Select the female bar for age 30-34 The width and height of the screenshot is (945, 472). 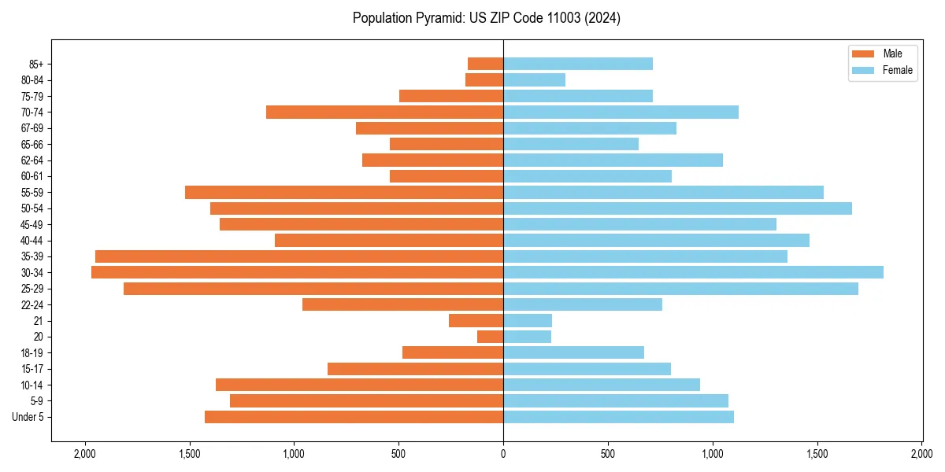693,272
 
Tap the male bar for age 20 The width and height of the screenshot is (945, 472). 490,337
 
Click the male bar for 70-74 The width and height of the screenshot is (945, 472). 384,112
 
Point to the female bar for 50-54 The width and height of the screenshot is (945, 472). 677,208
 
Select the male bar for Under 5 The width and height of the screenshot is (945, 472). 354,417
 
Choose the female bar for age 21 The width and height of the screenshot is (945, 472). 528,321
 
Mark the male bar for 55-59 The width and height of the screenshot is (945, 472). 344,192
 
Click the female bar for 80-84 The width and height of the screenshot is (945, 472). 534,80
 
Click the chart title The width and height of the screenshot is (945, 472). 487,18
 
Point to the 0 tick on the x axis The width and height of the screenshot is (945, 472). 503,454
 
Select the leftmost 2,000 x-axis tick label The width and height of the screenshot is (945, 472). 84,454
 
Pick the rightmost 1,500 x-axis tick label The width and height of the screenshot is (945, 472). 817,454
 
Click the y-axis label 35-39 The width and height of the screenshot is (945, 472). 32,256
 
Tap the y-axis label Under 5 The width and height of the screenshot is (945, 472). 28,417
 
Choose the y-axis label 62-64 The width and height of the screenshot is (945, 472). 32,160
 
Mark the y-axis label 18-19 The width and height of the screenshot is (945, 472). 32,353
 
